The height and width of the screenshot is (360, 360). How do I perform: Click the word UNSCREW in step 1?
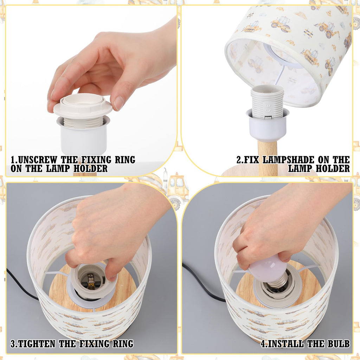tap(37, 160)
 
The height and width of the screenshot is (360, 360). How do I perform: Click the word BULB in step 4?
tap(339, 343)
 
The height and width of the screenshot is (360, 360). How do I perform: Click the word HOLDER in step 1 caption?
tap(90, 168)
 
